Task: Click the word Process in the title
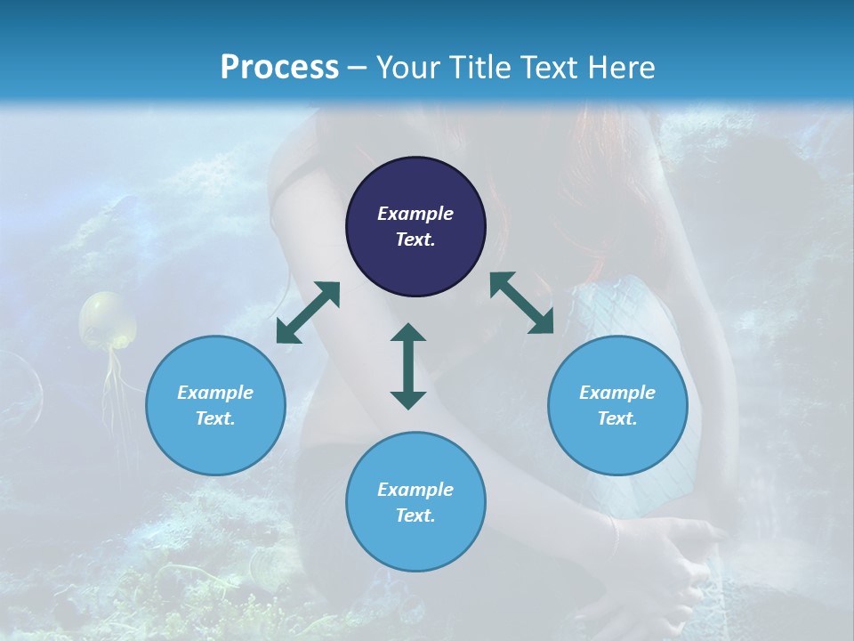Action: pos(279,68)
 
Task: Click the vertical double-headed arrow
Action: pos(408,366)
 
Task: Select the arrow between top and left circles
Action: pos(308,312)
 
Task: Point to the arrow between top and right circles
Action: pos(522,303)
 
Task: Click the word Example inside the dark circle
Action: pos(415,214)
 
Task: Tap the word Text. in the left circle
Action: pos(215,418)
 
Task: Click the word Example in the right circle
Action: pos(617,393)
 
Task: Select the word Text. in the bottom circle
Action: pos(415,515)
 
